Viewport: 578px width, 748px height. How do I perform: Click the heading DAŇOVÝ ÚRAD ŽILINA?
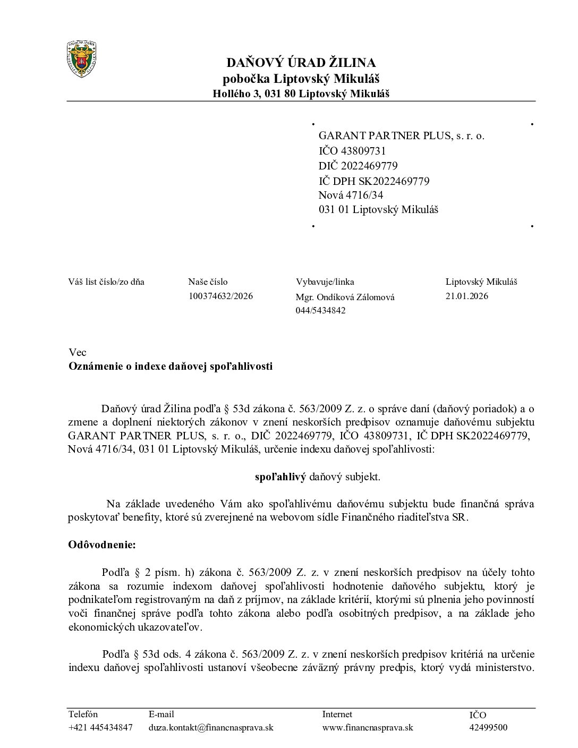[x=301, y=63]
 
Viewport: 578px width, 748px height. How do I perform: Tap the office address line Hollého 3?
[x=301, y=94]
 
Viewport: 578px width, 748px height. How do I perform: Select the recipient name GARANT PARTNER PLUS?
[x=401, y=135]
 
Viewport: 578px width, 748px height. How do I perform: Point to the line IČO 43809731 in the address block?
[x=352, y=151]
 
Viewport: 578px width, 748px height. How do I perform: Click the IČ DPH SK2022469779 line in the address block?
[x=374, y=181]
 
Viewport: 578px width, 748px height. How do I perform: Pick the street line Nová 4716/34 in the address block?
[x=351, y=195]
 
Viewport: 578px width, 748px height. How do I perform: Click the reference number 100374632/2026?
[x=220, y=296]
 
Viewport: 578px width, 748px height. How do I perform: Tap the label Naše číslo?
[x=208, y=282]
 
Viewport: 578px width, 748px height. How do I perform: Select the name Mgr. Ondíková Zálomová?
[x=345, y=297]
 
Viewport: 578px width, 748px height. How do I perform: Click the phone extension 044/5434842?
[x=320, y=310]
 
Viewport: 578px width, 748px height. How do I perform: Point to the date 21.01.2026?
[x=466, y=296]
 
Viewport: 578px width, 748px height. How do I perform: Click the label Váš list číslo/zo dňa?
[x=106, y=282]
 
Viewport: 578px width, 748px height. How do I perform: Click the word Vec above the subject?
[x=77, y=352]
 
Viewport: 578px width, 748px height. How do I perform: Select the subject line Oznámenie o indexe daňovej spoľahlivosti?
[x=170, y=366]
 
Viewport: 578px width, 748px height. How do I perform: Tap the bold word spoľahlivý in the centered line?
[x=280, y=477]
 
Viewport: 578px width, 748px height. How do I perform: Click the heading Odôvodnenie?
[x=102, y=545]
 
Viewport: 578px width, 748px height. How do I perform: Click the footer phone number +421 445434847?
[x=100, y=727]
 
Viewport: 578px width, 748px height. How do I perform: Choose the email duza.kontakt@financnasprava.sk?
[x=211, y=727]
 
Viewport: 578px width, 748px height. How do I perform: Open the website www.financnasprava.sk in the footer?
[x=367, y=727]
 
